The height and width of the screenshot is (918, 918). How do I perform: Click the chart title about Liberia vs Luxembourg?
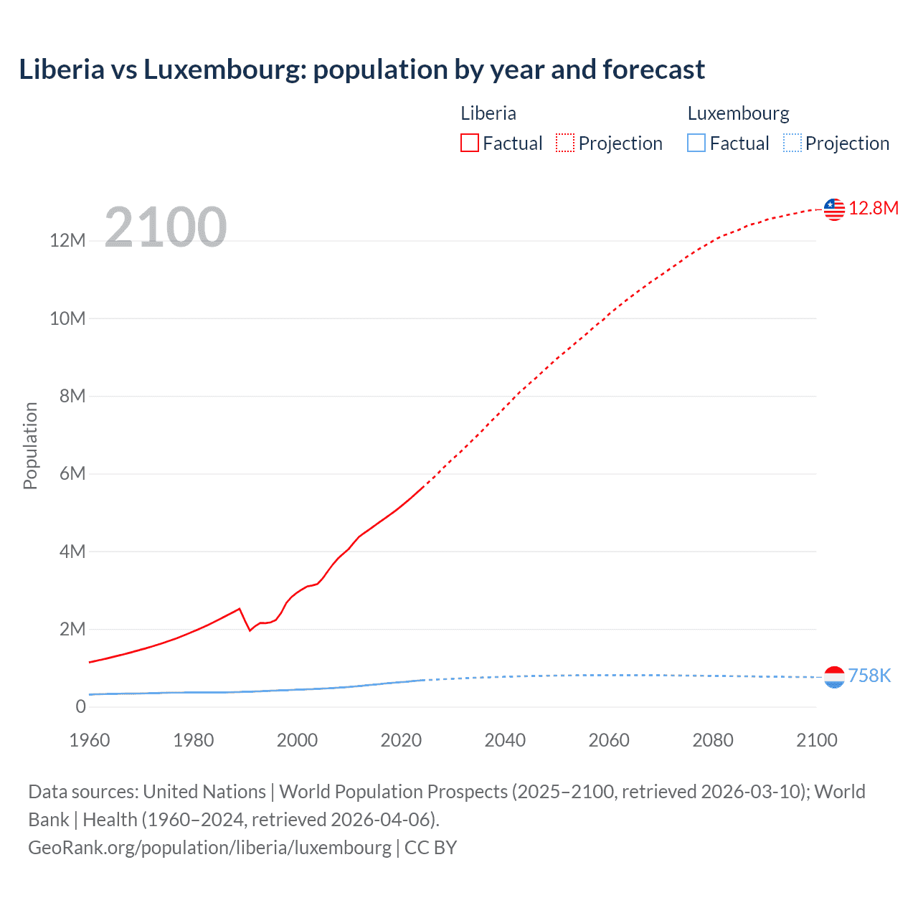(x=361, y=70)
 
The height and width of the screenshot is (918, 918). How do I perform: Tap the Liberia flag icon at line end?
(x=834, y=209)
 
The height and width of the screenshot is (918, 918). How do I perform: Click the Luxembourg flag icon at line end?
(x=834, y=677)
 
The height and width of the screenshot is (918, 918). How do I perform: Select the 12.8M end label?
(x=874, y=209)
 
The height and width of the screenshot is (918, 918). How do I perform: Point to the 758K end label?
(x=869, y=676)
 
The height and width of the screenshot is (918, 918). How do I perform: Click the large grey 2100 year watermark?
(x=166, y=227)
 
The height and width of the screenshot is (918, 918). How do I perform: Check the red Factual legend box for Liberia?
(x=470, y=143)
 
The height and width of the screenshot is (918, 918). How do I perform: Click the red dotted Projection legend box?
(x=565, y=143)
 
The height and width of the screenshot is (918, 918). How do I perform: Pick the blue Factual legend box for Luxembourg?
(x=696, y=143)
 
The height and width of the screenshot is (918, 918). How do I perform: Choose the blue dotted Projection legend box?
(x=792, y=143)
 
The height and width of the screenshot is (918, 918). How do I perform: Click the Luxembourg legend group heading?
(x=738, y=113)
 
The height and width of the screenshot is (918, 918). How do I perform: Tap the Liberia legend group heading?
(x=488, y=113)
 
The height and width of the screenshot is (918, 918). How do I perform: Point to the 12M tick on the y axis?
(x=67, y=241)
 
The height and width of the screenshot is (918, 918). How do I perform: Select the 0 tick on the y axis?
(x=80, y=707)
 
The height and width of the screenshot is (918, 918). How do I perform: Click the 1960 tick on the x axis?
(x=90, y=740)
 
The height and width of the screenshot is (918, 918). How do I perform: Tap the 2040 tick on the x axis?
(x=505, y=740)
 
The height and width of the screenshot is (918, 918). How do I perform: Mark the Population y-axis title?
(x=30, y=445)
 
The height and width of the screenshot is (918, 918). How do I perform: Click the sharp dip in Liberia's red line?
(x=250, y=630)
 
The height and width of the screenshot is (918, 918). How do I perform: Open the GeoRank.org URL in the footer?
(x=209, y=848)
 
